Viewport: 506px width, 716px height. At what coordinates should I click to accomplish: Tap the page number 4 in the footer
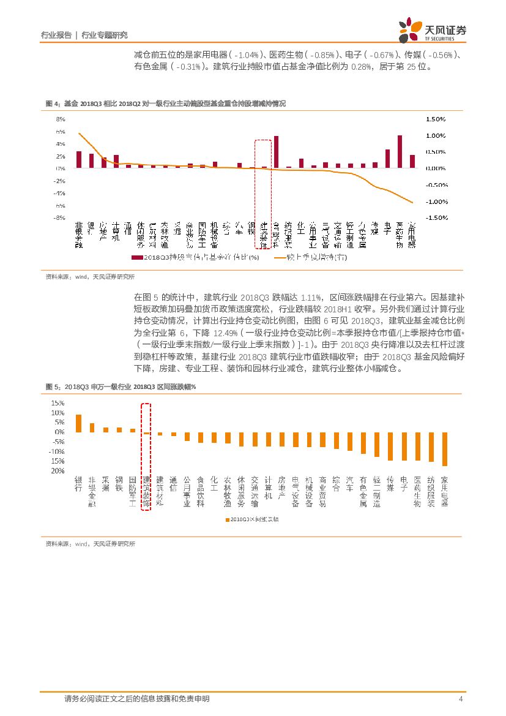point(460,699)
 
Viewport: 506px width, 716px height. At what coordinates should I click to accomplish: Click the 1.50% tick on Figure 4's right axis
point(436,119)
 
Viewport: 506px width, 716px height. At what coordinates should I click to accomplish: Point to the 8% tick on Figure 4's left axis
point(61,119)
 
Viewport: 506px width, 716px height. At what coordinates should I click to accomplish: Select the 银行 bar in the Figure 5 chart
point(78,423)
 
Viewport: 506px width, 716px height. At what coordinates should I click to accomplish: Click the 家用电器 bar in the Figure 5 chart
point(445,449)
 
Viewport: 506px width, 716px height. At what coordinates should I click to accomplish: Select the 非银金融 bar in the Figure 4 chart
point(78,159)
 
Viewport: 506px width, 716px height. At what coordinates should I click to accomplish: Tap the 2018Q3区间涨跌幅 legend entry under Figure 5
point(251,519)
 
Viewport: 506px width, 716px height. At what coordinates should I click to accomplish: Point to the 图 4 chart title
point(165,104)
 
